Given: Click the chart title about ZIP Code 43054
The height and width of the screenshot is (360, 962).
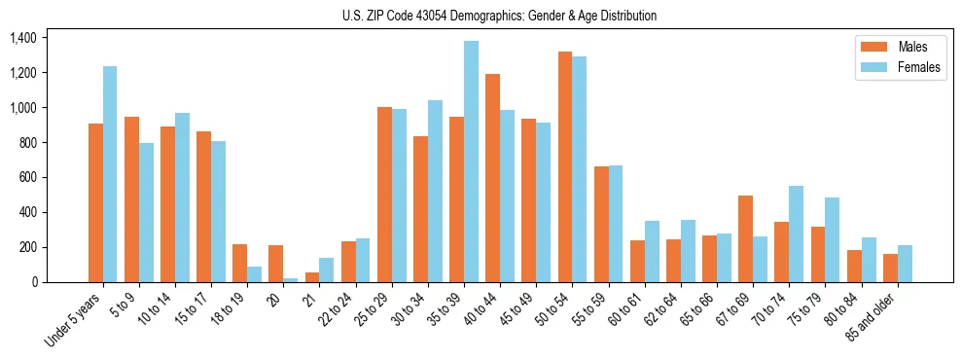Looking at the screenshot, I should coord(499,16).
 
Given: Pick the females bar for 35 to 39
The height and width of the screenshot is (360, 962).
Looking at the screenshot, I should coord(471,162).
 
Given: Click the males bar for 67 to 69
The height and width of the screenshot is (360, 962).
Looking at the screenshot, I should coord(745,239).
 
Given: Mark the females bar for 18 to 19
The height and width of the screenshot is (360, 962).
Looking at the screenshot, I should coord(254,274).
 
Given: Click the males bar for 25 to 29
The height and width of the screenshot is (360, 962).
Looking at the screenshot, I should coord(384,195).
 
